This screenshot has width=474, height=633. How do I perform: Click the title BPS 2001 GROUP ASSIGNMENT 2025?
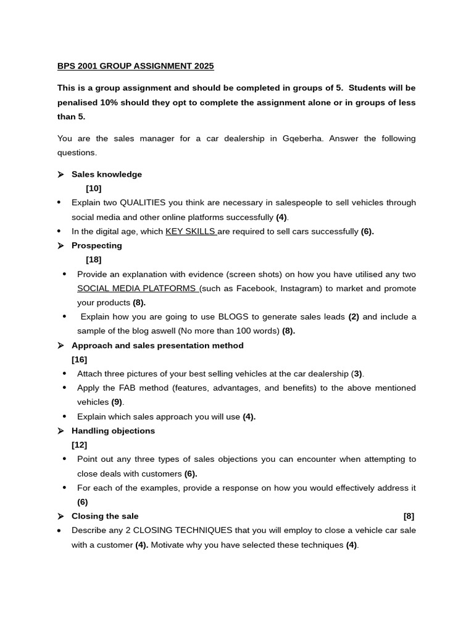pos(136,66)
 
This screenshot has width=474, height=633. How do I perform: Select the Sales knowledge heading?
pos(107,174)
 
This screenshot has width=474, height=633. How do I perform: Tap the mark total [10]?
pos(94,189)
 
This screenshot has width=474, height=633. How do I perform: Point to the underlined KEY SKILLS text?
pos(191,232)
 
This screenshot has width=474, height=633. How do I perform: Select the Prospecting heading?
pos(97,245)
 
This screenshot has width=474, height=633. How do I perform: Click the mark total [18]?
pos(94,260)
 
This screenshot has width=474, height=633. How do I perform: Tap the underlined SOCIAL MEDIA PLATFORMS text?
pos(137,289)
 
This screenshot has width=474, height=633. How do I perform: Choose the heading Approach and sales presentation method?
pos(157,346)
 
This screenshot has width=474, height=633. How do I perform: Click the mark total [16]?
pos(80,360)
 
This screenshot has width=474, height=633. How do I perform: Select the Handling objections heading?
pos(113,431)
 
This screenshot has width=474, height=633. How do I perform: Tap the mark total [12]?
pos(80,445)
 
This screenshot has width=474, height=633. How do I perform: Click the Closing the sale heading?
pos(105,516)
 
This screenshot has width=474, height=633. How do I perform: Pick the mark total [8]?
pos(409,516)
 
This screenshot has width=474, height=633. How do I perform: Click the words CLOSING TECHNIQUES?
pos(183,530)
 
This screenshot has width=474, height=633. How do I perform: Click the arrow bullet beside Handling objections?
pos(61,431)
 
